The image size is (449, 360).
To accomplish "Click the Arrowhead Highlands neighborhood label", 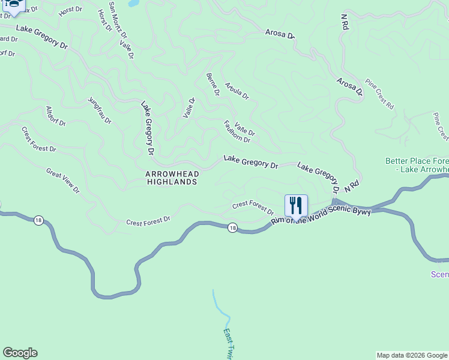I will pos(171,177).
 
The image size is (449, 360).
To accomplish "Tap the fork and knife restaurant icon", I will pos(296,206).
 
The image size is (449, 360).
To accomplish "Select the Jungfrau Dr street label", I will pos(100,110).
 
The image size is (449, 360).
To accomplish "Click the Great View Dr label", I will pos(62,180).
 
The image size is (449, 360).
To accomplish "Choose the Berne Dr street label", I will pos(212,84).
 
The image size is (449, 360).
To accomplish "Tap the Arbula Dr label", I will pos(237,91).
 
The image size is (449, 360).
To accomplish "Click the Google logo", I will pos(20,353).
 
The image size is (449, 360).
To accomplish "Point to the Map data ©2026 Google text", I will pos(412,355).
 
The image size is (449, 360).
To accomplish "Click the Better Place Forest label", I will pos(417,165).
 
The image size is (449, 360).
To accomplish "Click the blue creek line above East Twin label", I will pos(220,306).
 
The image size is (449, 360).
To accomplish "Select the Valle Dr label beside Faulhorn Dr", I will pos(245,129).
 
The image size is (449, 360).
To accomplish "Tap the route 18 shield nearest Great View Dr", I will pos(39,221).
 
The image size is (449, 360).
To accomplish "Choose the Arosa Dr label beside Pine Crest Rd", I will pos(350,86).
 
